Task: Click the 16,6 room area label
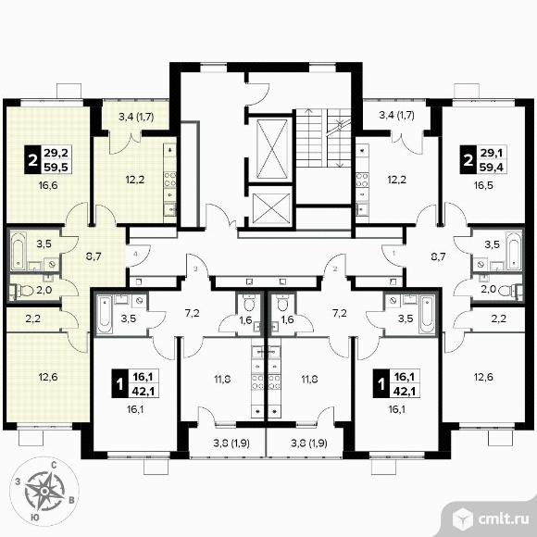click(48, 186)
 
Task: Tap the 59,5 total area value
click(56, 168)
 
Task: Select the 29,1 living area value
click(492, 153)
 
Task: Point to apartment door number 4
click(136, 254)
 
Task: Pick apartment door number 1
click(393, 254)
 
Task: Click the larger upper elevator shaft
click(272, 149)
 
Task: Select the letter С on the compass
click(54, 465)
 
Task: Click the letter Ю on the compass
click(34, 518)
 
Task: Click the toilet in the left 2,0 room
click(25, 291)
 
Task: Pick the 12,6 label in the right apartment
click(483, 377)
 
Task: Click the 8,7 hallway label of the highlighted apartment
click(94, 256)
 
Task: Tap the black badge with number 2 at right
click(468, 160)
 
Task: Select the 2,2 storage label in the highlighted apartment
click(33, 318)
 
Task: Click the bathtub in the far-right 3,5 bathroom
click(515, 250)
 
